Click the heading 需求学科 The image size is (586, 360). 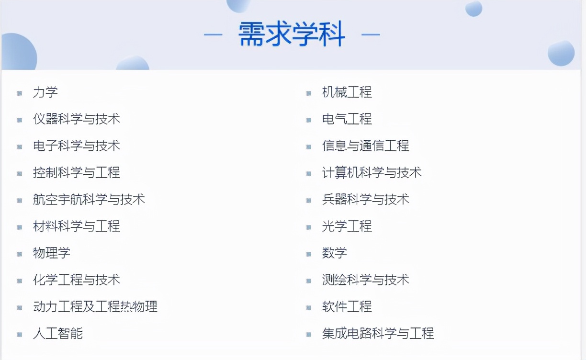292,34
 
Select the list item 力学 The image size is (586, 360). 45,92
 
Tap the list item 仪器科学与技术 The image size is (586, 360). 77,119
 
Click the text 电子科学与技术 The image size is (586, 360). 77,146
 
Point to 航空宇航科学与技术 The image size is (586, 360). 89,200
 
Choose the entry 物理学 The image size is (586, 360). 52,253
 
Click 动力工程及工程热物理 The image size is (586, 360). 95,307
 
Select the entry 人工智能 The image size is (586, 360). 58,334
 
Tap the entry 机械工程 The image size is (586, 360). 347,92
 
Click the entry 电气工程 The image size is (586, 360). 347,119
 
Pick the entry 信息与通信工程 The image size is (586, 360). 366,146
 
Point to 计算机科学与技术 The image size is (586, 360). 372,173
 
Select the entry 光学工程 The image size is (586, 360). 347,226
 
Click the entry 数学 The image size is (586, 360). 335,253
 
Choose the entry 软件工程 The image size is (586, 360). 347,307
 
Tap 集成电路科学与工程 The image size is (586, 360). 378,334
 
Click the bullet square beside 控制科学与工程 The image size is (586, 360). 20,173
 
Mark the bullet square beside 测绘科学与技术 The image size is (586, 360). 309,281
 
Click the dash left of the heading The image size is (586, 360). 213,34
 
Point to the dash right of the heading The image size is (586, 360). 371,34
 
